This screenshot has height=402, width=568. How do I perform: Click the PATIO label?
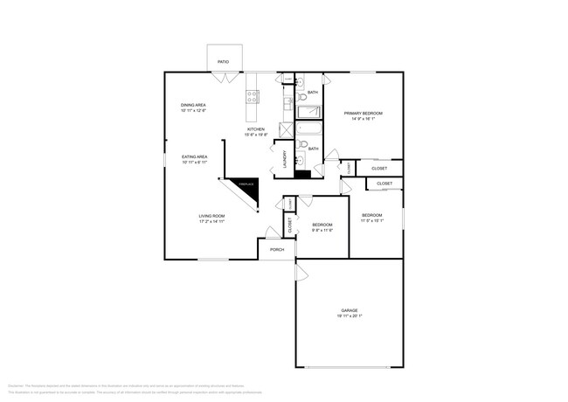click(x=223, y=62)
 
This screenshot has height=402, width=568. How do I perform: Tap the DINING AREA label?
click(x=193, y=105)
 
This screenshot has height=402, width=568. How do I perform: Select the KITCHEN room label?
click(x=255, y=129)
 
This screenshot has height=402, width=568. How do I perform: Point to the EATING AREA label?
click(x=194, y=157)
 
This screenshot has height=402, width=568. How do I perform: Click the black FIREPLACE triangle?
click(x=246, y=187)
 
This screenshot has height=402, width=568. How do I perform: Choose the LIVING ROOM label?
click(x=211, y=216)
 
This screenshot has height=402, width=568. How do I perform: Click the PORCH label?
click(x=276, y=250)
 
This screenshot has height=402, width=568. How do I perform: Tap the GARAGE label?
click(x=350, y=310)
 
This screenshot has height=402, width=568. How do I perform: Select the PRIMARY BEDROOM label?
click(x=363, y=114)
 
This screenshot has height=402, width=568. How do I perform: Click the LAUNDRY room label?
click(x=284, y=159)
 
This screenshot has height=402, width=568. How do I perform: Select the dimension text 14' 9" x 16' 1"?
click(x=363, y=121)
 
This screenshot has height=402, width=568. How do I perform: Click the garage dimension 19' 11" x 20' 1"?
click(x=350, y=317)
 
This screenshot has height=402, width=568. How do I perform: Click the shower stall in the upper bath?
click(x=309, y=112)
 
